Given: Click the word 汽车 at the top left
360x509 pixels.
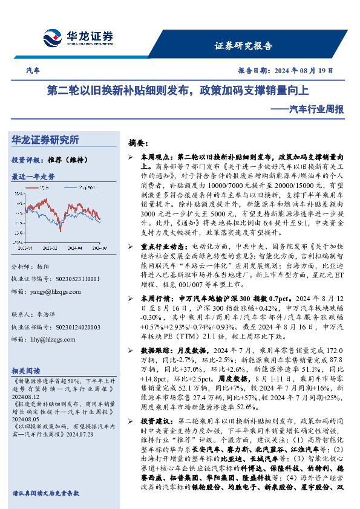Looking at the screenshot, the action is point(33,71).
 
